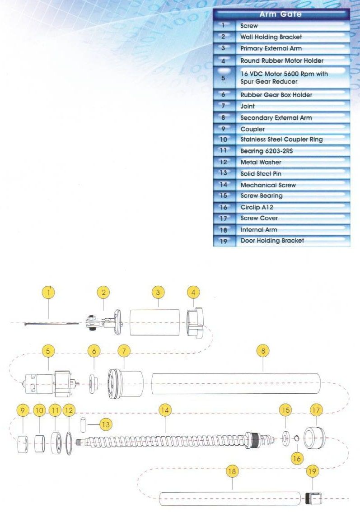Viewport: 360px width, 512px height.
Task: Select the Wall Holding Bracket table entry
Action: coord(271,37)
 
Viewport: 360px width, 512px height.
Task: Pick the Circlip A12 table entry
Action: coord(257,207)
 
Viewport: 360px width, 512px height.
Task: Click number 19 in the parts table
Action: coord(224,241)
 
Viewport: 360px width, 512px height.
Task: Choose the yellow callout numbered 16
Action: coord(296,457)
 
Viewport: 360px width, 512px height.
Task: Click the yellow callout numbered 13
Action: coord(106,424)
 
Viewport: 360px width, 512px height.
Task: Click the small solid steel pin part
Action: coord(83,425)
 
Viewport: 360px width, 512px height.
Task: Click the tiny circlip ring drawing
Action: coord(296,438)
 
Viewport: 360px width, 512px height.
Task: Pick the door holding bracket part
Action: coord(315,499)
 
